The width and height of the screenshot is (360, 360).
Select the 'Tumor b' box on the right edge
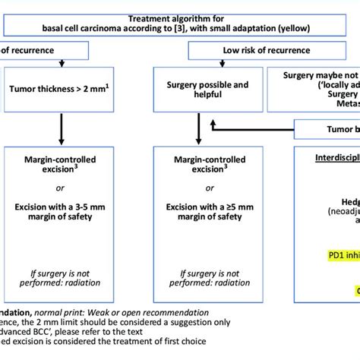(x=334, y=129)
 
